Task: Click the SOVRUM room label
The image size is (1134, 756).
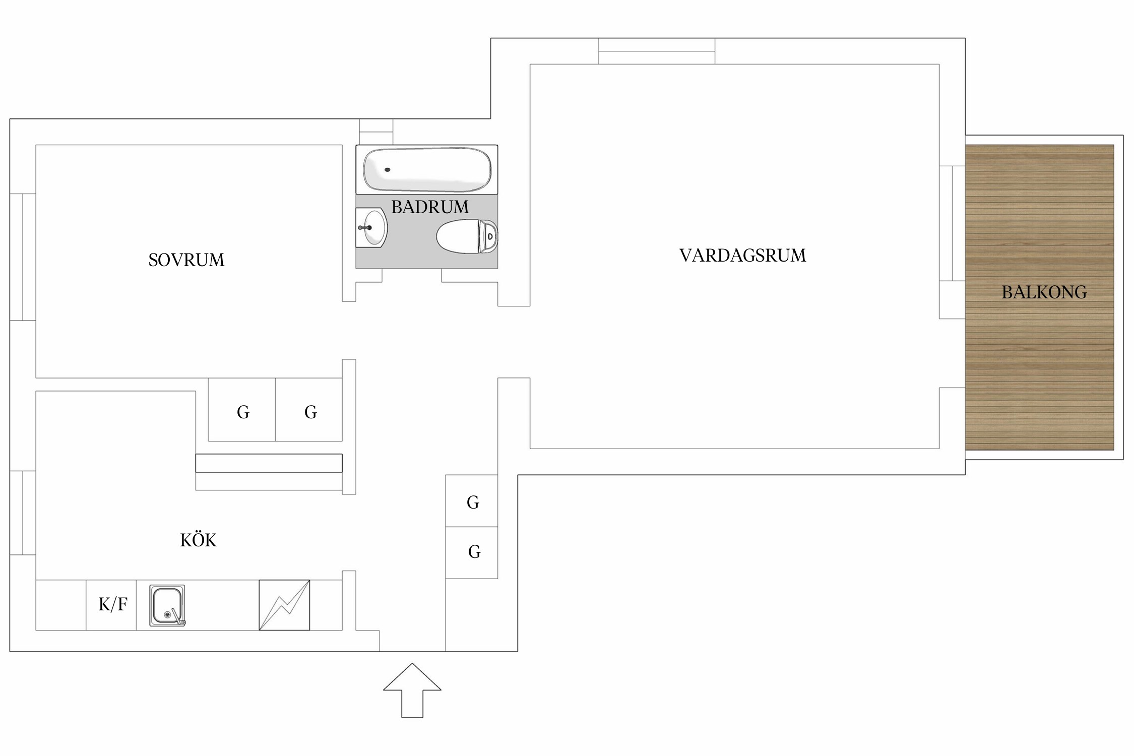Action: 186,260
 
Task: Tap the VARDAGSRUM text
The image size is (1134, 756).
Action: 742,256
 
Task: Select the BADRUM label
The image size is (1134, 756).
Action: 429,207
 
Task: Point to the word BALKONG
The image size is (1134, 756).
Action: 1044,292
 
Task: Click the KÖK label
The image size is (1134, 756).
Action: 198,540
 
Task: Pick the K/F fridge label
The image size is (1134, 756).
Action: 112,604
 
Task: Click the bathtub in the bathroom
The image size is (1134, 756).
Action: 427,170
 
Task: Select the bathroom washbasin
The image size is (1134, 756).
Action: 372,228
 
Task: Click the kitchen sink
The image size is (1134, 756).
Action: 167,605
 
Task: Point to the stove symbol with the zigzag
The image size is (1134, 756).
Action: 284,605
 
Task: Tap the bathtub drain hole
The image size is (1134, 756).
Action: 388,170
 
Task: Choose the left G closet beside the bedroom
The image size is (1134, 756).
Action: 242,412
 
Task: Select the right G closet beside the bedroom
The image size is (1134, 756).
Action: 310,412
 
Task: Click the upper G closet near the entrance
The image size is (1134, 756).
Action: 472,502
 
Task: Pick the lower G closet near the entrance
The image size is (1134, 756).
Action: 473,552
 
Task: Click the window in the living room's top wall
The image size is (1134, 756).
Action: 656,51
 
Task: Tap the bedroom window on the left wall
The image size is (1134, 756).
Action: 23,257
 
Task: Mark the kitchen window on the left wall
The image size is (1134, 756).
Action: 23,513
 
